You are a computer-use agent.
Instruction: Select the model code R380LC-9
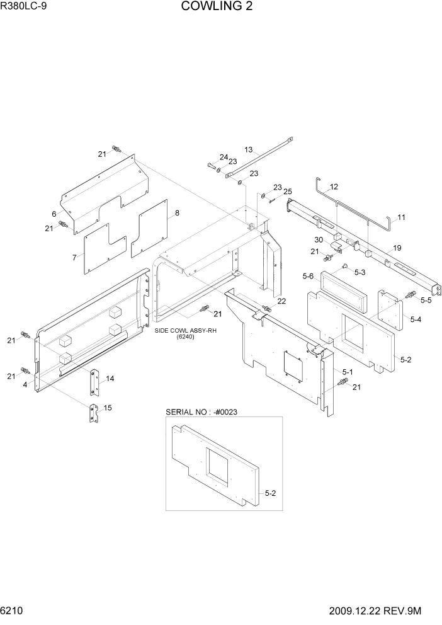tap(25, 7)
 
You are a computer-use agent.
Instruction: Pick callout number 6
tap(55, 214)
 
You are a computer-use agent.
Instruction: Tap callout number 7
tap(74, 257)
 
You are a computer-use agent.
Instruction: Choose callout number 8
tap(177, 213)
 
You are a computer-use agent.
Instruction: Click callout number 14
tap(110, 379)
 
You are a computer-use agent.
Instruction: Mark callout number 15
tap(108, 408)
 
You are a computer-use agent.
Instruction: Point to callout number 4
tap(25, 384)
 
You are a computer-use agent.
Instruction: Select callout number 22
tap(281, 301)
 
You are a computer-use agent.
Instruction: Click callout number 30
tap(320, 240)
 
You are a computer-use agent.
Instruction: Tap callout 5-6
tap(309, 275)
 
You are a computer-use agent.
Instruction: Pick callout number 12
tap(334, 186)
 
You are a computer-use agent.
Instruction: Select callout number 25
tap(287, 192)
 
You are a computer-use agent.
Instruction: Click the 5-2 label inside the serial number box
tap(271, 493)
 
